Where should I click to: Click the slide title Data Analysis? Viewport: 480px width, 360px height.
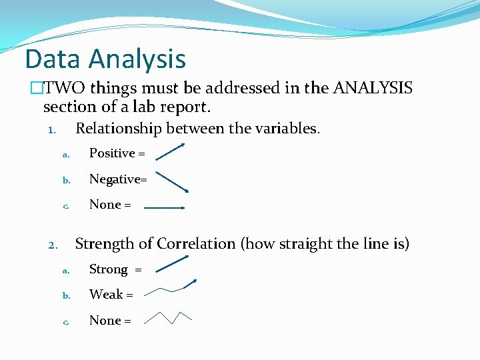pyautogui.click(x=105, y=59)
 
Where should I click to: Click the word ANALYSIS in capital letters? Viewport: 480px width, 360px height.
pyautogui.click(x=373, y=88)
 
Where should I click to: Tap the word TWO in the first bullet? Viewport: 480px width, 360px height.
pyautogui.click(x=67, y=88)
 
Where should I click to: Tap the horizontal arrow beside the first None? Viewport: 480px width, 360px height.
pyautogui.click(x=165, y=208)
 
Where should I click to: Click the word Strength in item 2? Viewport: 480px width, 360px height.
pyautogui.click(x=106, y=244)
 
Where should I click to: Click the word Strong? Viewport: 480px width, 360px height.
pyautogui.click(x=109, y=269)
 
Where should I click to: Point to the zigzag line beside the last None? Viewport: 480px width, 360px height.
pyautogui.click(x=169, y=317)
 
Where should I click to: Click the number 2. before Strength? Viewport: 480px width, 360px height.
pyautogui.click(x=55, y=245)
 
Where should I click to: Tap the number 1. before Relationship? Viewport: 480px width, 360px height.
pyautogui.click(x=55, y=129)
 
